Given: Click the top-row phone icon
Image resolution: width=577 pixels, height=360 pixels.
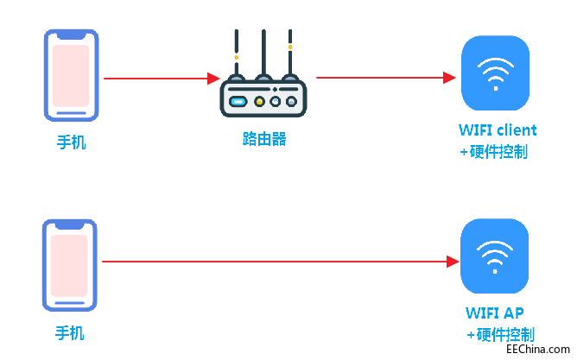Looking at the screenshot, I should point(71,76).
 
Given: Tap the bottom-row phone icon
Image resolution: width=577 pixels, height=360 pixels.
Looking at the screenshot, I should point(70,264).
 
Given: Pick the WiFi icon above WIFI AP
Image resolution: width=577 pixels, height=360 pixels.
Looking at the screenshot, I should point(494,256).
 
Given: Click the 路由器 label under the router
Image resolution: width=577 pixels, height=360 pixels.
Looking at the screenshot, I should point(263,138).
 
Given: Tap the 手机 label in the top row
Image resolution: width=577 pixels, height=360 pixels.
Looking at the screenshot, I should point(71,142).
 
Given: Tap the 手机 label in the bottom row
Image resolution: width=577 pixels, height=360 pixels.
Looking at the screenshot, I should point(70,332).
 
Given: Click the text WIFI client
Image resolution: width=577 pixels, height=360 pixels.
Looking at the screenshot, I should point(498,130).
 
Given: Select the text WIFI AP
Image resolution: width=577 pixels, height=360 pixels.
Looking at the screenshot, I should point(495,313).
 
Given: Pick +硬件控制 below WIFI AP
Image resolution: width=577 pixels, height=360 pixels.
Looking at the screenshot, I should point(500,334).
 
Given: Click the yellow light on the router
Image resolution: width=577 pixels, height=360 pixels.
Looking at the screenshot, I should point(258,100).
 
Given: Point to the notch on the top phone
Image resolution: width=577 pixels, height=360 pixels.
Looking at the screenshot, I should point(71,35).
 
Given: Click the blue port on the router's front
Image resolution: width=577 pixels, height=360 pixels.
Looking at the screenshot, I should point(238,100).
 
